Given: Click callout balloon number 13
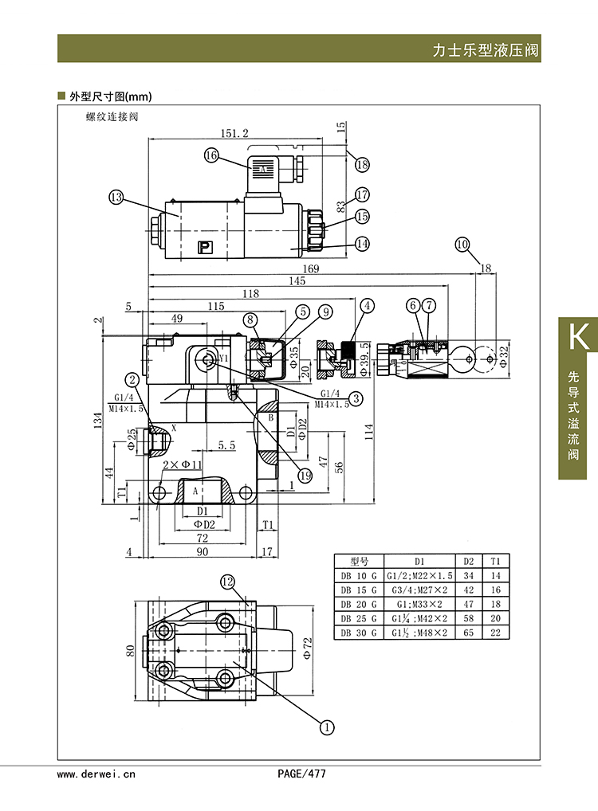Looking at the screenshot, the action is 116,197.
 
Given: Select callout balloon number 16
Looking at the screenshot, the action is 211,155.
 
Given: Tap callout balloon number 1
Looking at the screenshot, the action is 327,727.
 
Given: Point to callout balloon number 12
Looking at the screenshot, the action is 228,582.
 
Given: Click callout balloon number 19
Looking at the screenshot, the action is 305,476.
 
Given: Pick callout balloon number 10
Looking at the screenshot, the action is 462,244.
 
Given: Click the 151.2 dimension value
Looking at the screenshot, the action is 234,134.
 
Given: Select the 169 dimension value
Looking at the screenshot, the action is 311,268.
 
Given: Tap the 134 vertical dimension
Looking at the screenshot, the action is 98,420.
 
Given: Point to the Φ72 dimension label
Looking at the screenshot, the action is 308,648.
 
